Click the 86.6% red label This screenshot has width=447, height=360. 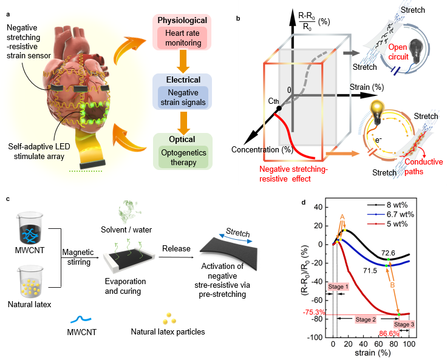pyautogui.click(x=391, y=334)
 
